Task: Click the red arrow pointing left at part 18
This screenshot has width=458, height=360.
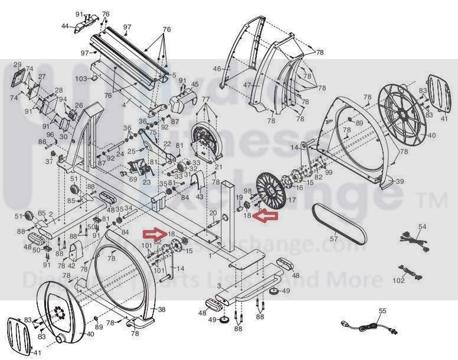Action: click(265, 216)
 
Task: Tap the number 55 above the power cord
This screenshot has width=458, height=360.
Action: click(382, 310)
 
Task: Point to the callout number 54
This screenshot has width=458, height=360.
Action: click(422, 226)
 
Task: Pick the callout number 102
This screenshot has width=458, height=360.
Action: click(399, 281)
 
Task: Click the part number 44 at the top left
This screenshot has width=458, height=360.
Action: click(66, 27)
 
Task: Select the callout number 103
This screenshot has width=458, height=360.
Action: click(80, 79)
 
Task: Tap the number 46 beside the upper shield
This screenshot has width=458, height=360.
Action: click(216, 69)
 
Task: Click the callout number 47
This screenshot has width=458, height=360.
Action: click(247, 85)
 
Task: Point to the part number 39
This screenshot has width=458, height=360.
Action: click(400, 181)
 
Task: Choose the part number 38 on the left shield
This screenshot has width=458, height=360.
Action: click(162, 309)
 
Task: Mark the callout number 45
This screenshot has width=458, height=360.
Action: click(195, 85)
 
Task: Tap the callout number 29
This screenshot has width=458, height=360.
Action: click(17, 64)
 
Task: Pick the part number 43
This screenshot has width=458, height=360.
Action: click(199, 196)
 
